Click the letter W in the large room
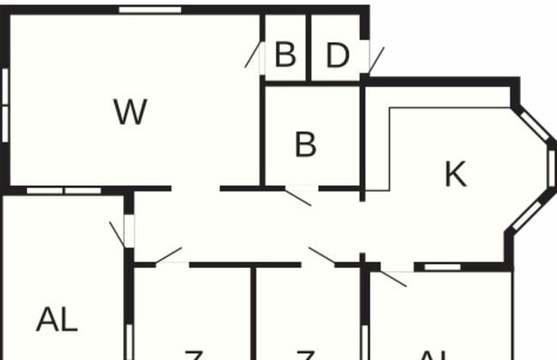coord(130,111)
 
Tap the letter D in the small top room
coord(338,56)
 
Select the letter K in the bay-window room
coord(455,174)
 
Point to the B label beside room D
coord(285,56)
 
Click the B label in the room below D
coord(305,145)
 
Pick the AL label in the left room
coord(57,320)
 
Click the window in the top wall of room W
coord(150,10)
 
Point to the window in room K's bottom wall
coord(443,267)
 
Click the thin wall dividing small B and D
coord(309,47)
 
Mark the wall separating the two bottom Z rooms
coord(255,313)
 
